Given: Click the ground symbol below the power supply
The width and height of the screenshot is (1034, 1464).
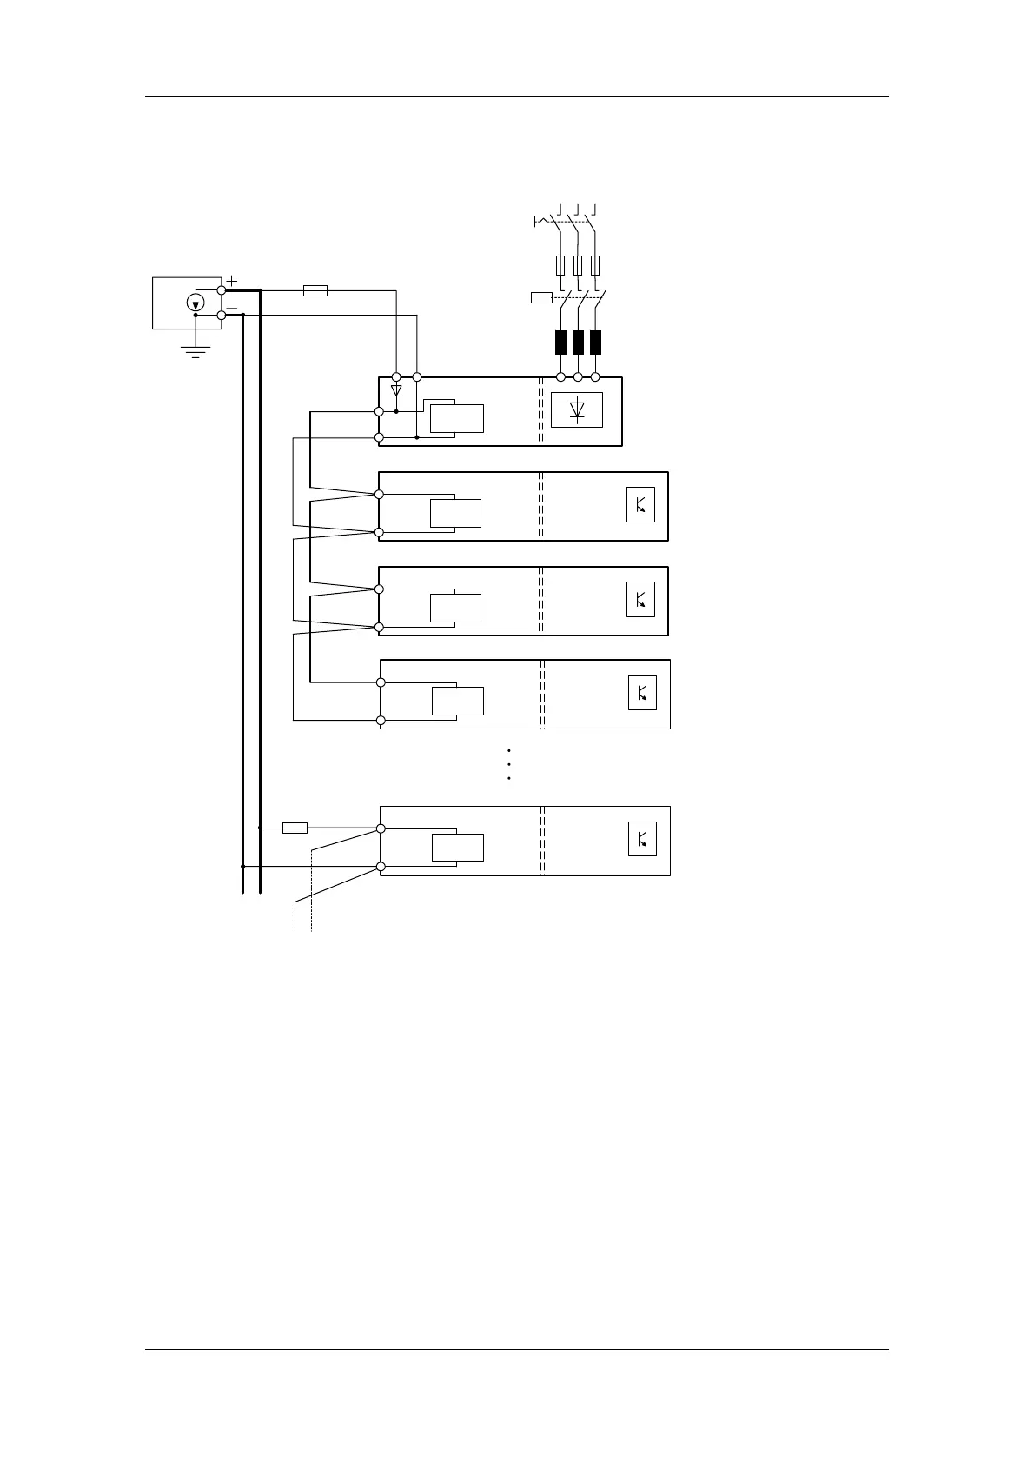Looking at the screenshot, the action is click(196, 351).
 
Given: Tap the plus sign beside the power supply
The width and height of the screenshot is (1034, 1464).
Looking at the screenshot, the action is click(232, 281).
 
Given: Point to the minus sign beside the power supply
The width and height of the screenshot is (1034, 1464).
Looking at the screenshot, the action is click(232, 307).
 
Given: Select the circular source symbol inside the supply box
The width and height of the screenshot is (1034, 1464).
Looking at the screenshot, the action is click(196, 303).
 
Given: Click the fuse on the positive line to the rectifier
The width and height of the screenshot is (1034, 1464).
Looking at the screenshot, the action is click(315, 290).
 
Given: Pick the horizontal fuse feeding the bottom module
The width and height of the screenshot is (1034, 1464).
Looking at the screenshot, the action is click(295, 828).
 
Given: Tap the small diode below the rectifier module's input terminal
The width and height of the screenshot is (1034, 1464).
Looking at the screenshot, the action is click(396, 391).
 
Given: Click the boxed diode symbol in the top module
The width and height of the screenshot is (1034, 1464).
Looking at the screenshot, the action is click(577, 410).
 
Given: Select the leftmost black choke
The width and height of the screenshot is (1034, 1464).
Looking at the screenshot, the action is click(560, 342).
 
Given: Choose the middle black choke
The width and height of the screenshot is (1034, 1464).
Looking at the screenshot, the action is click(578, 342).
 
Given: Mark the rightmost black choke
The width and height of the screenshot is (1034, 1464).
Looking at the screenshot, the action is click(595, 342).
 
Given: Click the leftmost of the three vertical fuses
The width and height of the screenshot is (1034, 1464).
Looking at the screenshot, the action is click(560, 265).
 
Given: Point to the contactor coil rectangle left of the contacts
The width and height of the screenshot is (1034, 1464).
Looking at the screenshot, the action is click(541, 298).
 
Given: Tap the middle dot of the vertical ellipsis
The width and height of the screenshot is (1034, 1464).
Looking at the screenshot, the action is click(507, 764).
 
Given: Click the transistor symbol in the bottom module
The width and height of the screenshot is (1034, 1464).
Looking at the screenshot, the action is click(642, 839).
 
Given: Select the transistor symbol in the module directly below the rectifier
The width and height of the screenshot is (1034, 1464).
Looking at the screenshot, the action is click(640, 505).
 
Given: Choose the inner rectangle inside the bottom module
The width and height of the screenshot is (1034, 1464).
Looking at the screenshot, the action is click(458, 847).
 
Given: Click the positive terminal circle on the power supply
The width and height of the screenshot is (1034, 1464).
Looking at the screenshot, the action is click(222, 290).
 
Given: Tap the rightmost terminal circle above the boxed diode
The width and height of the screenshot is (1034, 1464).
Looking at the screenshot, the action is click(595, 377).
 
